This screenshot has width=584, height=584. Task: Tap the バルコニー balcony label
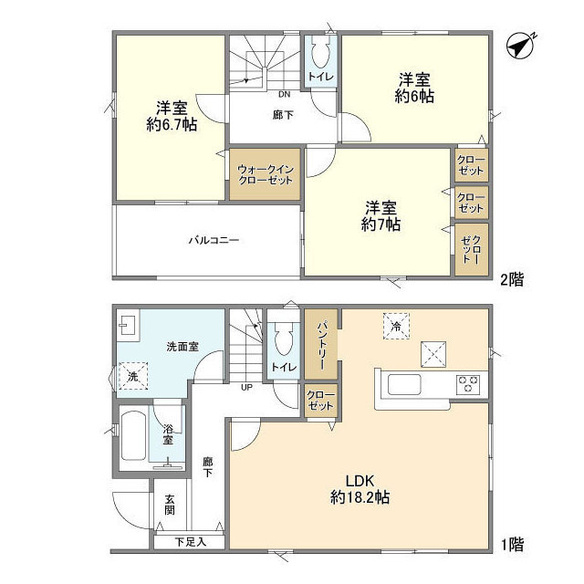tap(214, 241)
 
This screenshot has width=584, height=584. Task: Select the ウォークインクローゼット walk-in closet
tap(265, 174)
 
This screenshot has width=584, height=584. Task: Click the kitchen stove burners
tap(468, 384)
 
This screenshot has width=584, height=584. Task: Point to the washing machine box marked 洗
tap(131, 376)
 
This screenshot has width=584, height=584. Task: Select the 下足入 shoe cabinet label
tap(190, 542)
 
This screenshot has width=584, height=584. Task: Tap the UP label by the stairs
tap(246, 387)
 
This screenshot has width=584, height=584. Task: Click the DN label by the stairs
tap(284, 94)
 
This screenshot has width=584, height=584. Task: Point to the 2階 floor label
tap(510, 280)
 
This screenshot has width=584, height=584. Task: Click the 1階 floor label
tap(510, 545)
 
